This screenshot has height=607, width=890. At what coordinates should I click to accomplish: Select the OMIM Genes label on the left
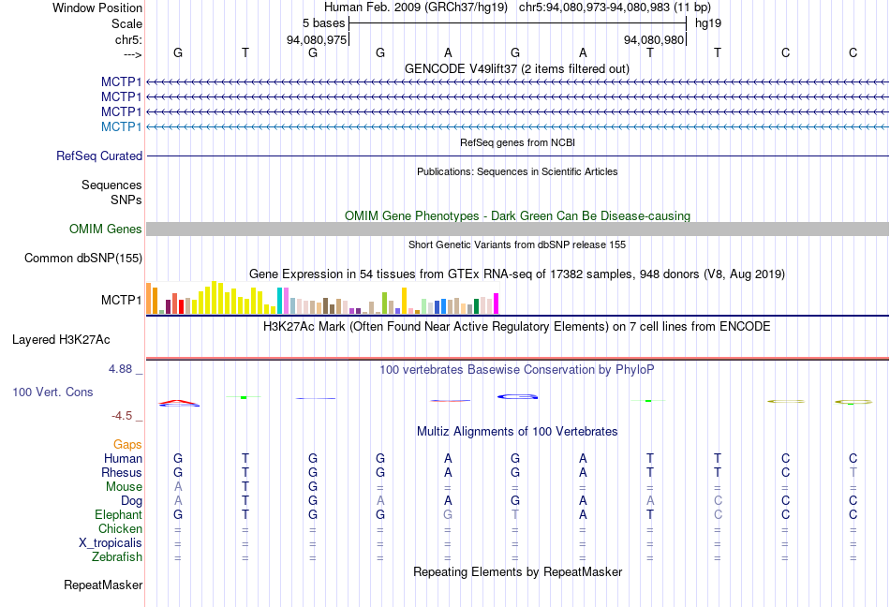tap(106, 229)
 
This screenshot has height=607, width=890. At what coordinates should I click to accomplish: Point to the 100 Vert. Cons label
tap(52, 392)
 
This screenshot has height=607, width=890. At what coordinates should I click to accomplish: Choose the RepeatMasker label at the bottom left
tap(103, 585)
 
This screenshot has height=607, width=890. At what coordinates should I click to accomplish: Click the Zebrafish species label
tap(117, 557)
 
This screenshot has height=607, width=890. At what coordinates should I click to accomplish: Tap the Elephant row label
tap(118, 515)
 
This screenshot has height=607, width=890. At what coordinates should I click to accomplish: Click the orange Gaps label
tap(127, 444)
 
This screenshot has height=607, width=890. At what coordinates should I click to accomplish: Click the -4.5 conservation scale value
tap(123, 416)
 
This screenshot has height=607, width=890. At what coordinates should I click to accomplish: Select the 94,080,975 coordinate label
tap(317, 39)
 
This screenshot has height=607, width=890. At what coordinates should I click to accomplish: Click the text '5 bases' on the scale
tap(323, 22)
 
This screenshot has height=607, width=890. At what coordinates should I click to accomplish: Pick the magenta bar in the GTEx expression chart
tap(496, 303)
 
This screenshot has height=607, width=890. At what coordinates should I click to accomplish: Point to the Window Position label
tap(97, 7)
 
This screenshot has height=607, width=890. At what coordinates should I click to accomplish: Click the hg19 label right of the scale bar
tap(708, 22)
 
